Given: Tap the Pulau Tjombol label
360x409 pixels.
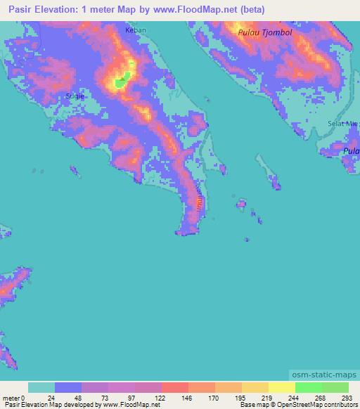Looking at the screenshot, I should (x=264, y=32).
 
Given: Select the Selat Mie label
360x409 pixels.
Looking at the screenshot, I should (x=342, y=124).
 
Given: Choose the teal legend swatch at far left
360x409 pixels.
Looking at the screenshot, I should (x=41, y=387).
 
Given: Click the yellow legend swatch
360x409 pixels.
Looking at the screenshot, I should (x=281, y=387).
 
